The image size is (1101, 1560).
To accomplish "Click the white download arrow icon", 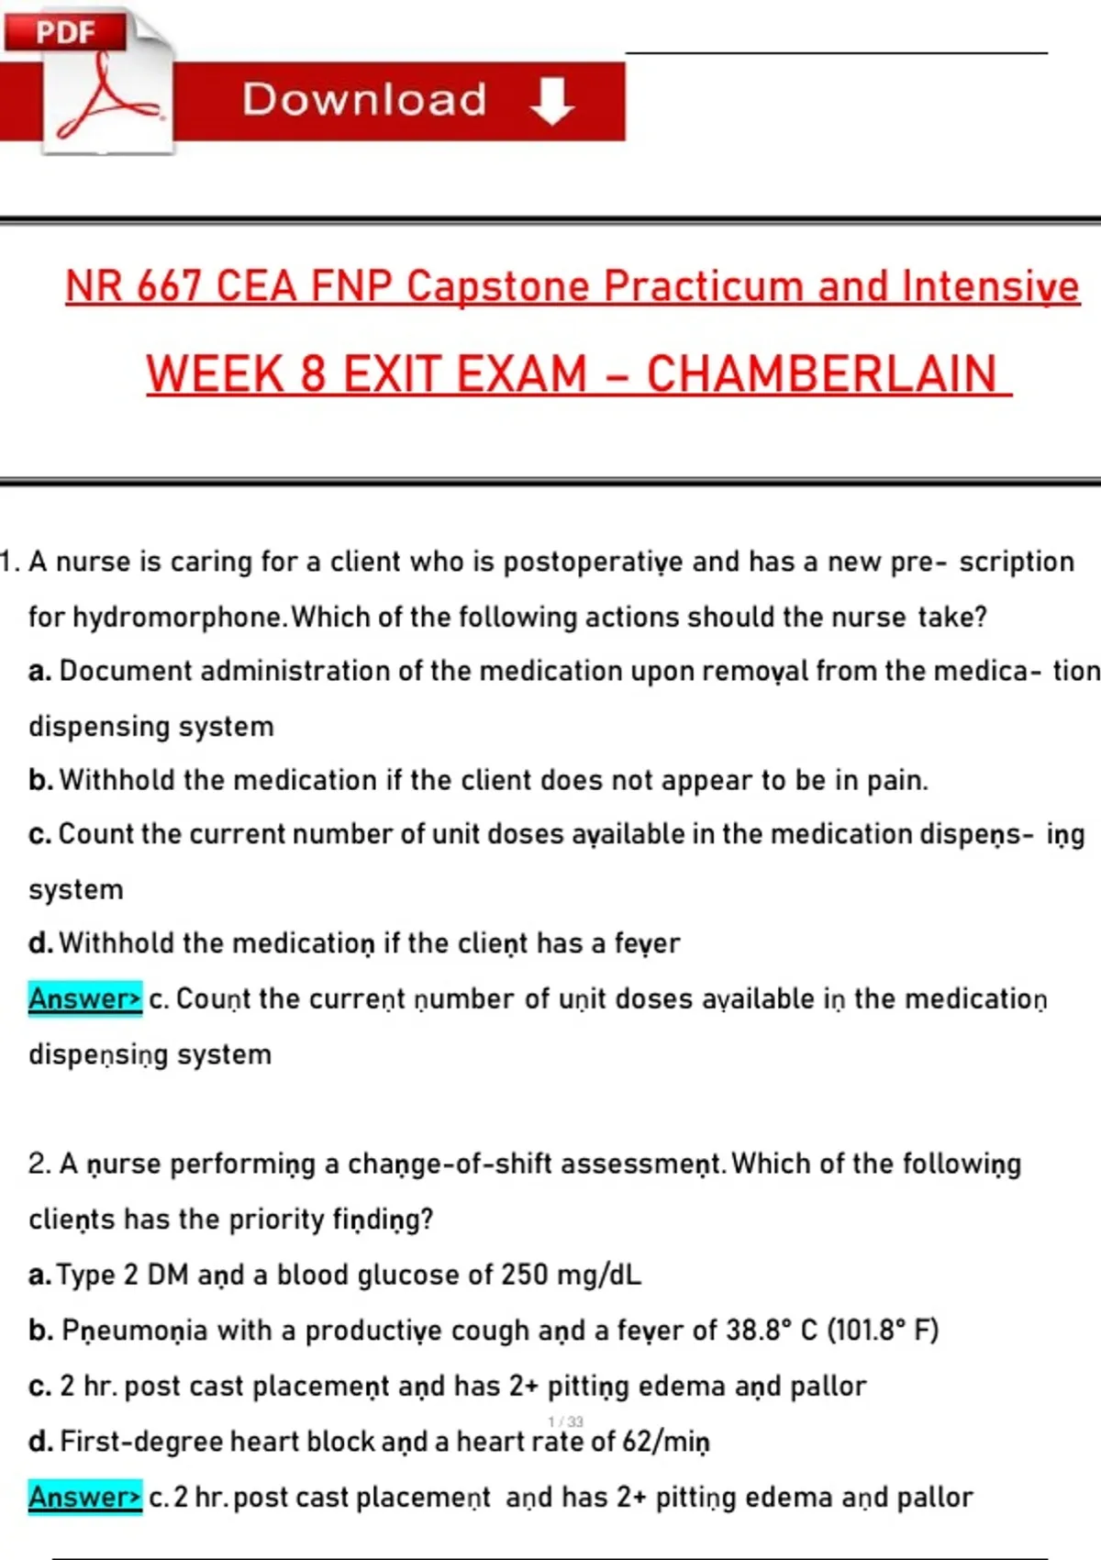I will [x=551, y=100].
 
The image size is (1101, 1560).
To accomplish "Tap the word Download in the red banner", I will [x=364, y=99].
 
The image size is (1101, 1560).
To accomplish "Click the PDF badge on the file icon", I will [x=65, y=32].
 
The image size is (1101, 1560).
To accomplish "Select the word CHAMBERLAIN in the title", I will [x=821, y=374].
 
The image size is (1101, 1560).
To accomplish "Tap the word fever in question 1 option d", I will [x=647, y=943].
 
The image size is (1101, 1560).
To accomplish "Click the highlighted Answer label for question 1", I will [x=84, y=998].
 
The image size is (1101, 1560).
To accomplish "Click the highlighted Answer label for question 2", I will [x=84, y=1497].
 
